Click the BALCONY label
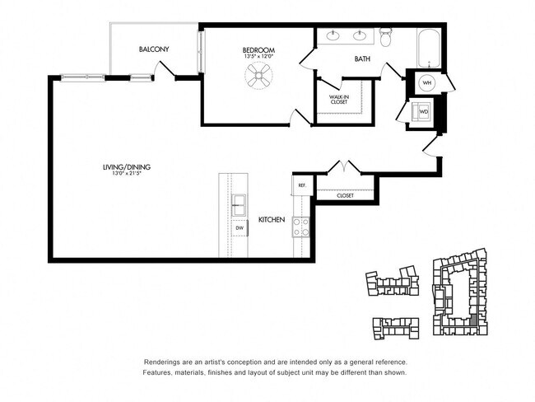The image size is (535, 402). (x=154, y=49)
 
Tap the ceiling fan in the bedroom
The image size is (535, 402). (x=258, y=77)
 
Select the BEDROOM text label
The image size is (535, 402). (x=258, y=50)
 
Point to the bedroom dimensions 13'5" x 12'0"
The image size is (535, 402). (x=258, y=57)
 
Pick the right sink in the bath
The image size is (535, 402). (x=360, y=35)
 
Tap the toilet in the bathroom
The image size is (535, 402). (x=387, y=37)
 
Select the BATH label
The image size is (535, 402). (x=362, y=58)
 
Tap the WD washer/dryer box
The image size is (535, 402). (x=424, y=111)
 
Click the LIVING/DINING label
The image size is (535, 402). (x=126, y=167)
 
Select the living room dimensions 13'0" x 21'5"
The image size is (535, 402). (x=126, y=174)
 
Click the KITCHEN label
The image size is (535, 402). (x=272, y=220)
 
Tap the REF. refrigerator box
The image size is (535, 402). (x=302, y=185)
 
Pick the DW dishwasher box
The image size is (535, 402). (x=240, y=227)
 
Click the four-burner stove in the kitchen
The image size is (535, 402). (x=301, y=227)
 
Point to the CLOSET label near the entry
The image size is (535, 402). (x=345, y=195)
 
